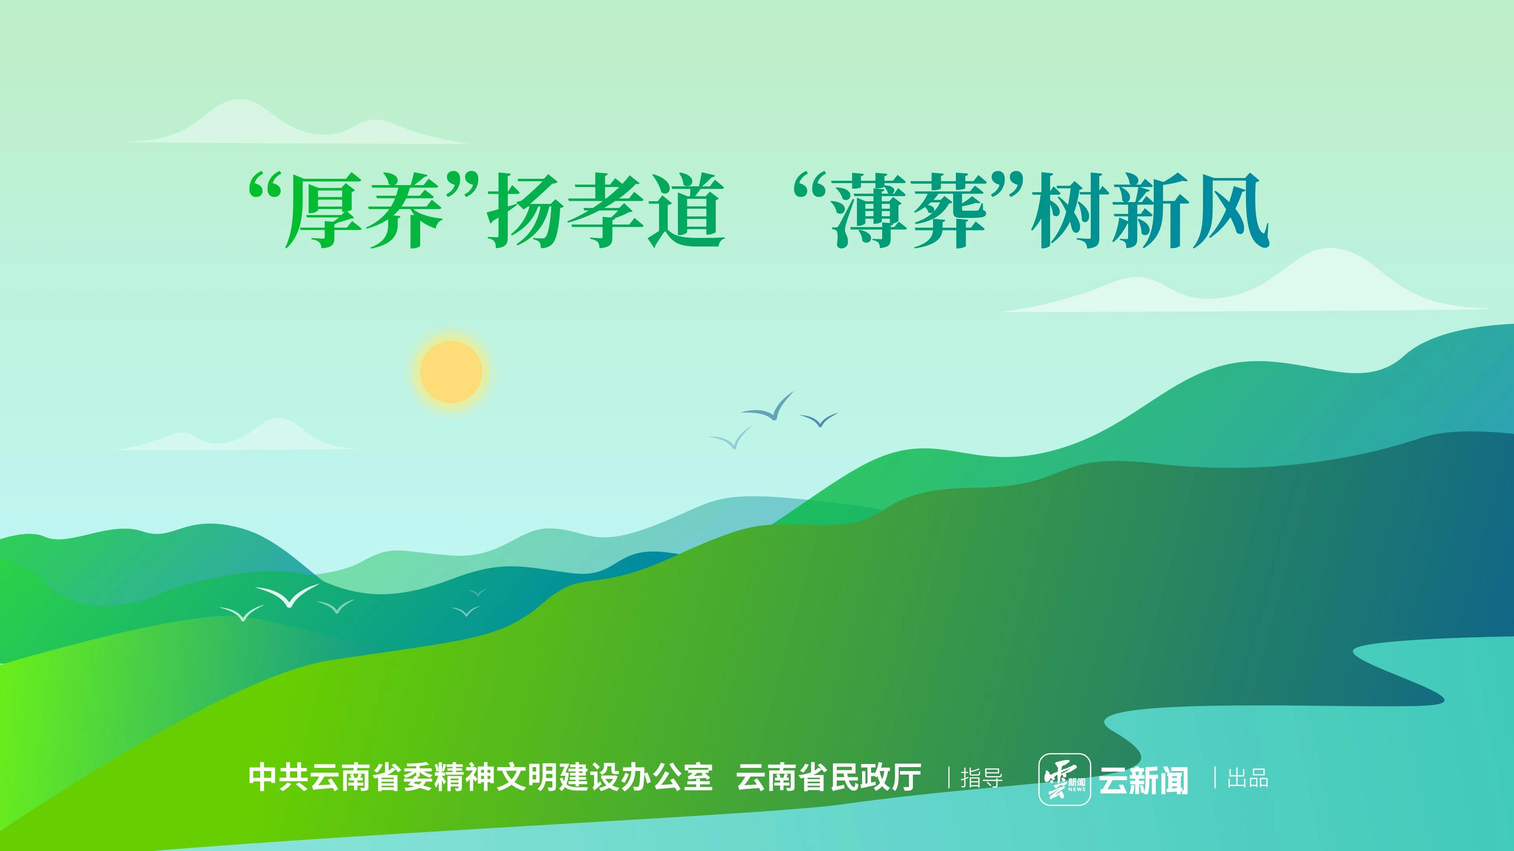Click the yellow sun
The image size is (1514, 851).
tap(451, 372)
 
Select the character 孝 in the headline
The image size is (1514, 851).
tap(605, 211)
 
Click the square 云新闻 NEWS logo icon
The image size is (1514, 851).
tap(1064, 779)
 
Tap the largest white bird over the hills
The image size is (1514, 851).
tap(288, 595)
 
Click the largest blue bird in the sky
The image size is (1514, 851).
tap(767, 406)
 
